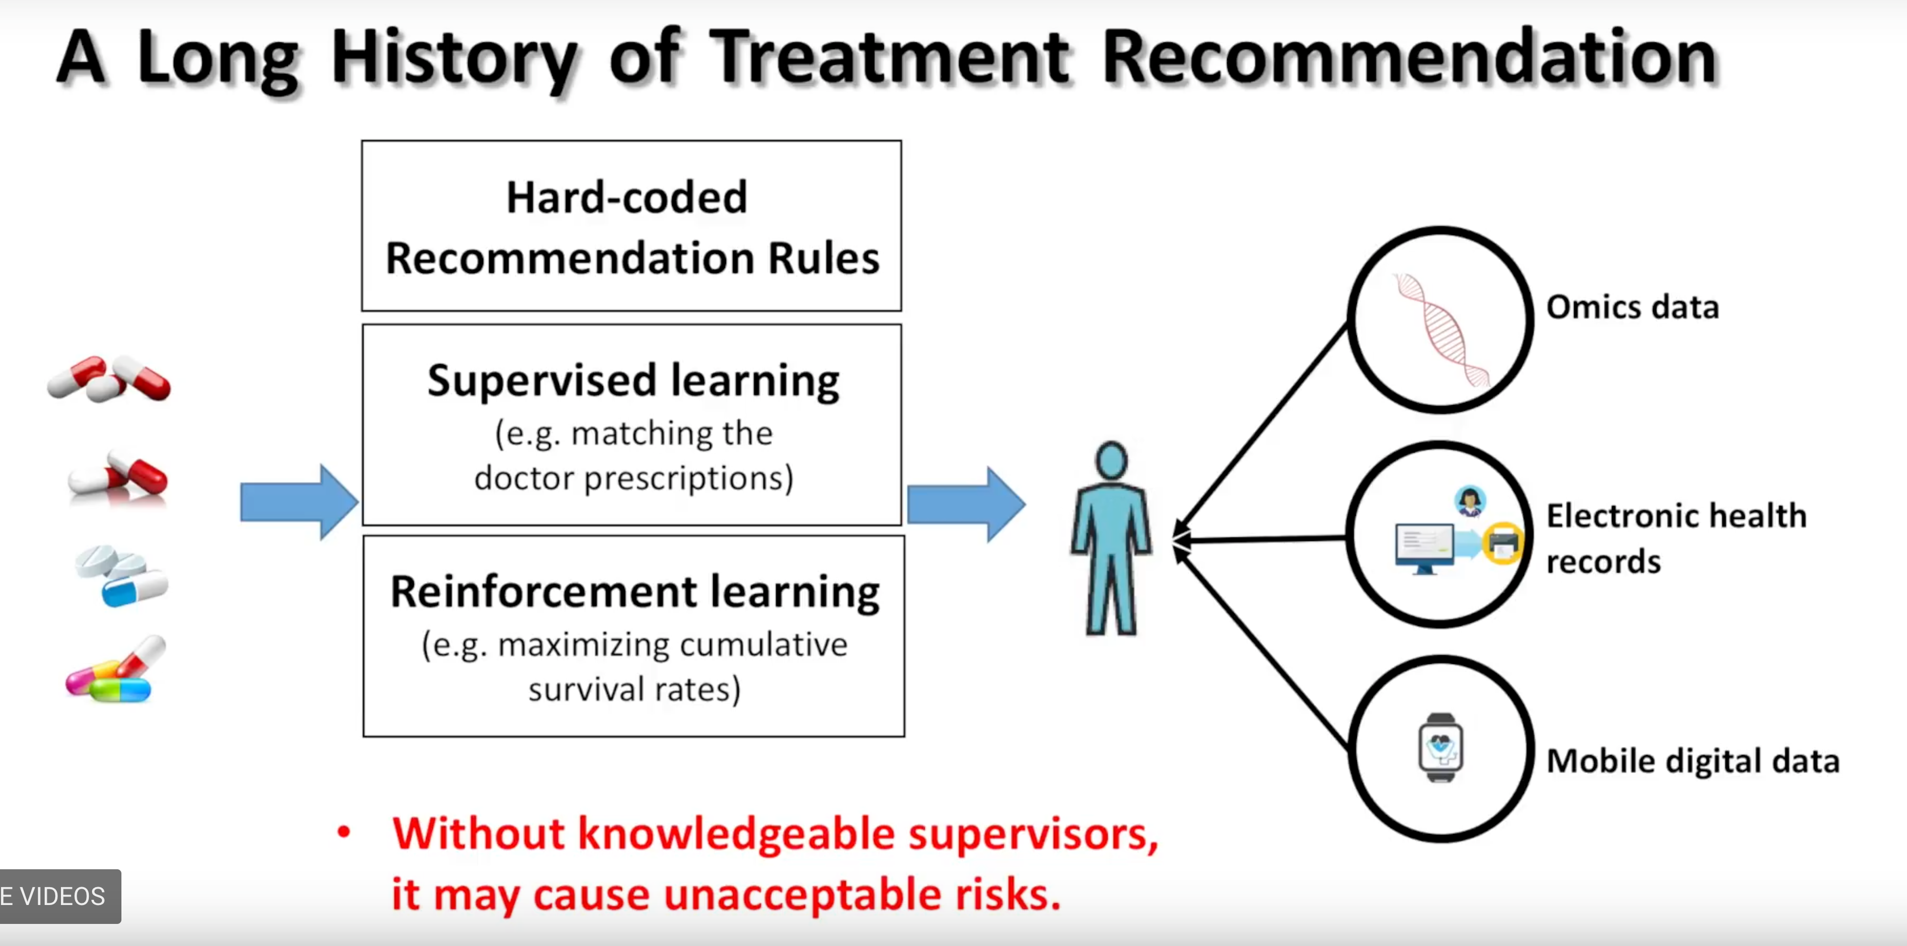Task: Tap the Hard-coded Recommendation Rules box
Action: click(631, 226)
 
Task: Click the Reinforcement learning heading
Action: click(635, 592)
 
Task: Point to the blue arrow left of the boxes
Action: click(299, 502)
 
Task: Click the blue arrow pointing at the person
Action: click(966, 504)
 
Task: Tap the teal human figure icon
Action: click(1111, 538)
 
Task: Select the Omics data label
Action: click(1632, 306)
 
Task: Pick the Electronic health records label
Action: click(1676, 538)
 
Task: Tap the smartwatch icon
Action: click(1440, 748)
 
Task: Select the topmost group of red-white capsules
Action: click(109, 379)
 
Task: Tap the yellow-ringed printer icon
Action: click(1502, 543)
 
